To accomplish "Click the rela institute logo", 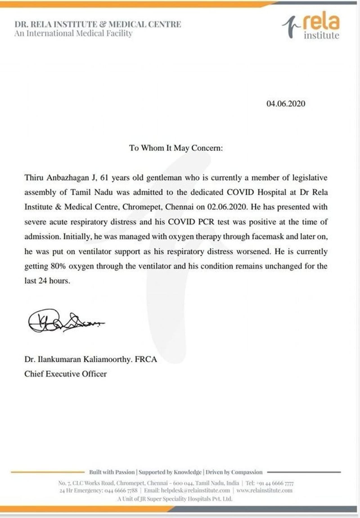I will pos(312,26).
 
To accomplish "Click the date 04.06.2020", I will pos(286,104).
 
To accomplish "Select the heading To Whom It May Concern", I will pos(176,148).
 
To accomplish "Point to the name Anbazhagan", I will pos(67,178).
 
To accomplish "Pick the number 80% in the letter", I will pos(58,266).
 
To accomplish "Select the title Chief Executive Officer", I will pos(66,374).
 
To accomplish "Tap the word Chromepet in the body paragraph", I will pos(142,207).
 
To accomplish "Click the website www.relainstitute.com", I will pos(264,490).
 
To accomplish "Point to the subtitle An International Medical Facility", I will pos(73,34).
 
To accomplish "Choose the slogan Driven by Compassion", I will pos(234,472).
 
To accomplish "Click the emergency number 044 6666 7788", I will pos(121,490).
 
